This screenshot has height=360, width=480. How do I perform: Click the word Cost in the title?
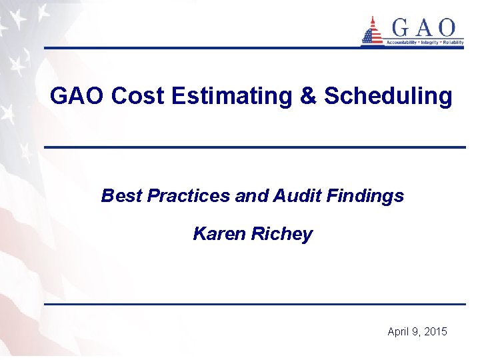[x=138, y=97]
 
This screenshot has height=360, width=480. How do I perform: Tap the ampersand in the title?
[x=308, y=97]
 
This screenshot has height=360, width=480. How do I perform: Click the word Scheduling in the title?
[x=388, y=97]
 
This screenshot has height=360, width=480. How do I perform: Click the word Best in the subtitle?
[x=121, y=196]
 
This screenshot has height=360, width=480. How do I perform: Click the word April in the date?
[x=399, y=331]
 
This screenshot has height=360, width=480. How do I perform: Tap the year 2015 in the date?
[x=435, y=331]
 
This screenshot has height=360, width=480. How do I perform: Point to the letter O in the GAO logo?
[x=446, y=28]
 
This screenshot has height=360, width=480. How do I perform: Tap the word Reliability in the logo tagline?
[x=452, y=42]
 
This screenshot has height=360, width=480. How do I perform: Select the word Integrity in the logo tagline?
[x=429, y=42]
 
